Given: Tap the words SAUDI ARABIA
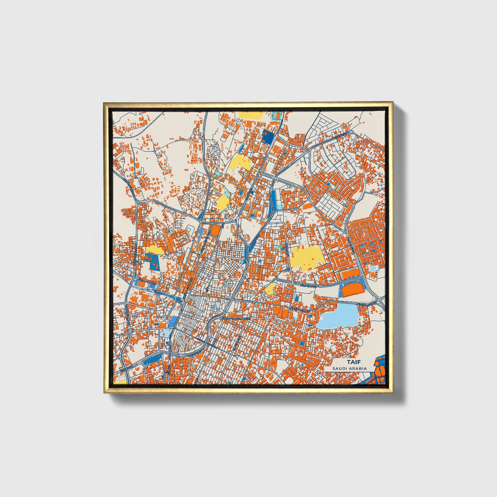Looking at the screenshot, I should [349, 369].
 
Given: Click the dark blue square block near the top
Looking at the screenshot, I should [268, 138].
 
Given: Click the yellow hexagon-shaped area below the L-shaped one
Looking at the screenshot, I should [223, 201].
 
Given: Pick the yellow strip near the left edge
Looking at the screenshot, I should [155, 250].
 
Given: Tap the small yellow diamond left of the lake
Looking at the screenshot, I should [270, 288].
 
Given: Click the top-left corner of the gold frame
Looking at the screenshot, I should [104, 103].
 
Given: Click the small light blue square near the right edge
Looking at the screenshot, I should [373, 268].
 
